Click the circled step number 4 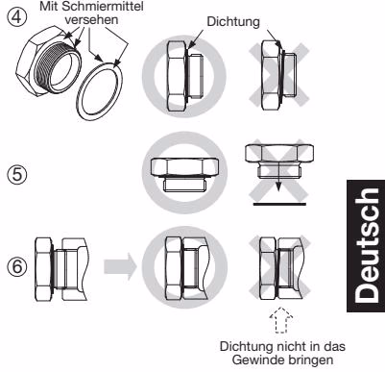[17, 15]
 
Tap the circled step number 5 [17, 175]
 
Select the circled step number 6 [17, 266]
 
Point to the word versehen [91, 19]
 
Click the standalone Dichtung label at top [233, 21]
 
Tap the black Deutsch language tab [366, 246]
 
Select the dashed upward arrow [281, 320]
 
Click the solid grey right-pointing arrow [120, 266]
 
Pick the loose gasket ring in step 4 [100, 91]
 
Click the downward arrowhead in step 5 [279, 186]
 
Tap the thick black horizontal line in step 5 [279, 204]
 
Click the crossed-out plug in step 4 [278, 75]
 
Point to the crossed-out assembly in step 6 [280, 268]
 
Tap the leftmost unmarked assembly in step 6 [61, 268]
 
